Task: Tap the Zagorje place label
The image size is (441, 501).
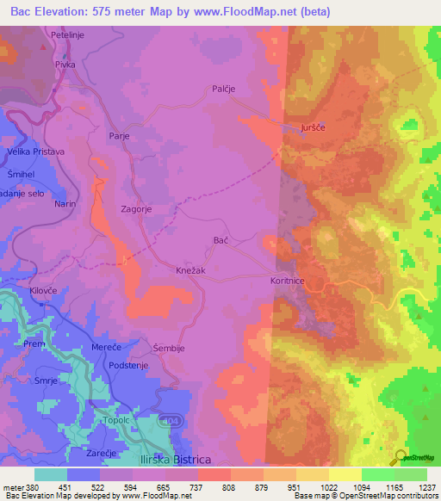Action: point(140,208)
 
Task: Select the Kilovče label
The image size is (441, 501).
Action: point(43,293)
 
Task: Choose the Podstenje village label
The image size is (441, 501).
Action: point(129,366)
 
